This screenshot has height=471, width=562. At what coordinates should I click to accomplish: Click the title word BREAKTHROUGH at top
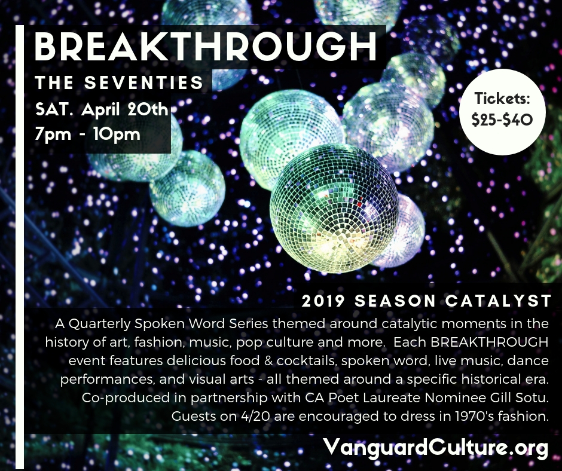pos(206,47)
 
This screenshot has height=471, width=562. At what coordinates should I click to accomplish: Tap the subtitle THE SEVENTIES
pos(120,82)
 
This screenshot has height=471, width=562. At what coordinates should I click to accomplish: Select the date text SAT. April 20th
pos(102,109)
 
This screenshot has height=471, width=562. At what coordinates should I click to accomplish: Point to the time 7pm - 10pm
pos(87,134)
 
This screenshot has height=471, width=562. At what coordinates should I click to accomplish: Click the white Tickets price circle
pos(502,112)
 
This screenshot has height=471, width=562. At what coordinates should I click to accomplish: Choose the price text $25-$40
pos(502,120)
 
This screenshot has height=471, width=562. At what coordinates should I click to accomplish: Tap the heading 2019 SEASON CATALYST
pos(426,301)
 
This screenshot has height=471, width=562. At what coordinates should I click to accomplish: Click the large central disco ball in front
pos(334,208)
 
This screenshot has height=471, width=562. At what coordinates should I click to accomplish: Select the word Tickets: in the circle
pos(502,98)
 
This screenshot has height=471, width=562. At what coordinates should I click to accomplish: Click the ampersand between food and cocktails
pos(268,360)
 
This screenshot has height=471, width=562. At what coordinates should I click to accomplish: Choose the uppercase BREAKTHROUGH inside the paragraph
pos(489,342)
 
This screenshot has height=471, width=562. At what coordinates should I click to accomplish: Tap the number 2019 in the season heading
pos(323,301)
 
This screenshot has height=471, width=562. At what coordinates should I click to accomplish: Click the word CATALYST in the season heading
pos(498,301)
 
